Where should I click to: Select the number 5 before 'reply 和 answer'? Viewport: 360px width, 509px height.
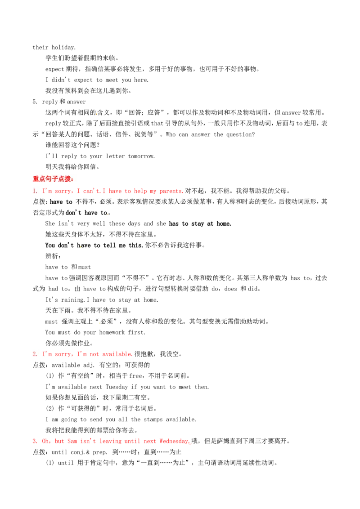pyautogui.click(x=35, y=102)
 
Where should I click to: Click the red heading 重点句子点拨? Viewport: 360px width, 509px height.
pyautogui.click(x=52, y=179)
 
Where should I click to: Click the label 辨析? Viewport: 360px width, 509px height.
pyautogui.click(x=52, y=256)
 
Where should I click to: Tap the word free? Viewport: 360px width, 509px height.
pyautogui.click(x=135, y=376)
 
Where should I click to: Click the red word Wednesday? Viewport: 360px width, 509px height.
pyautogui.click(x=174, y=441)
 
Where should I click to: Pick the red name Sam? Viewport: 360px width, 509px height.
pyautogui.click(x=72, y=441)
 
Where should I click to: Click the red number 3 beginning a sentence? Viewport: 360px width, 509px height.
pyautogui.click(x=35, y=441)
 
